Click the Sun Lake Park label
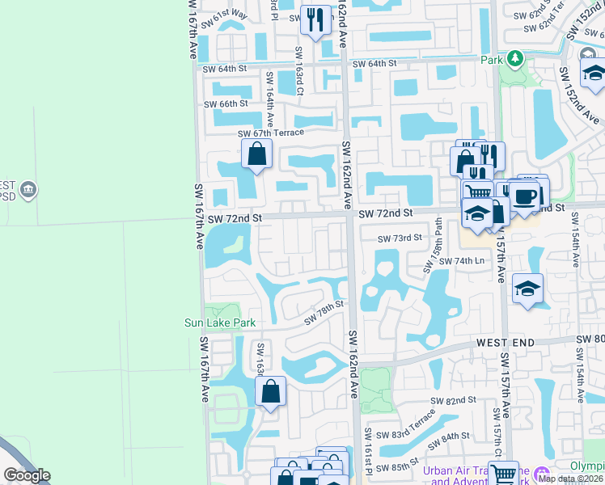coord(220,323)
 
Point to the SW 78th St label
coord(324,312)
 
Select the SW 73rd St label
coord(400,238)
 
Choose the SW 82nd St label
coord(453,401)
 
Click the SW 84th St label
coord(451,436)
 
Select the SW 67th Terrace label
coord(270,133)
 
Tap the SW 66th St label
coord(226,103)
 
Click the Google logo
coord(27,475)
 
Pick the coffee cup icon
coord(524,196)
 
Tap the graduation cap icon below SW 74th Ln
coord(527,289)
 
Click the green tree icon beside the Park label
coord(514,59)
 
